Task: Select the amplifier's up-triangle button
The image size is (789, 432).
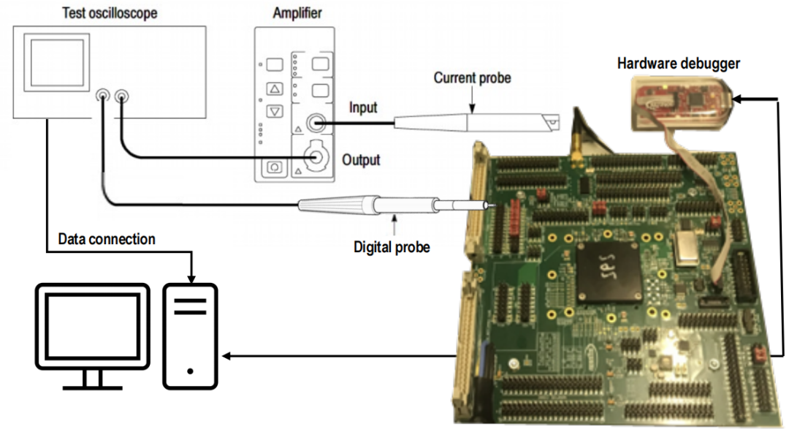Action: [275, 89]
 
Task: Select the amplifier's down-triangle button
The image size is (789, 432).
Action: [275, 112]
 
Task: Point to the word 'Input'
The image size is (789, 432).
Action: [363, 107]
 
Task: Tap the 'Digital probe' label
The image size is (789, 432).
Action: [392, 247]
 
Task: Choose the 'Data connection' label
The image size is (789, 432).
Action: [107, 239]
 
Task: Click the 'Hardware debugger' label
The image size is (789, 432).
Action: [678, 64]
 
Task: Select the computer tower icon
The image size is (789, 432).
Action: [191, 336]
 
